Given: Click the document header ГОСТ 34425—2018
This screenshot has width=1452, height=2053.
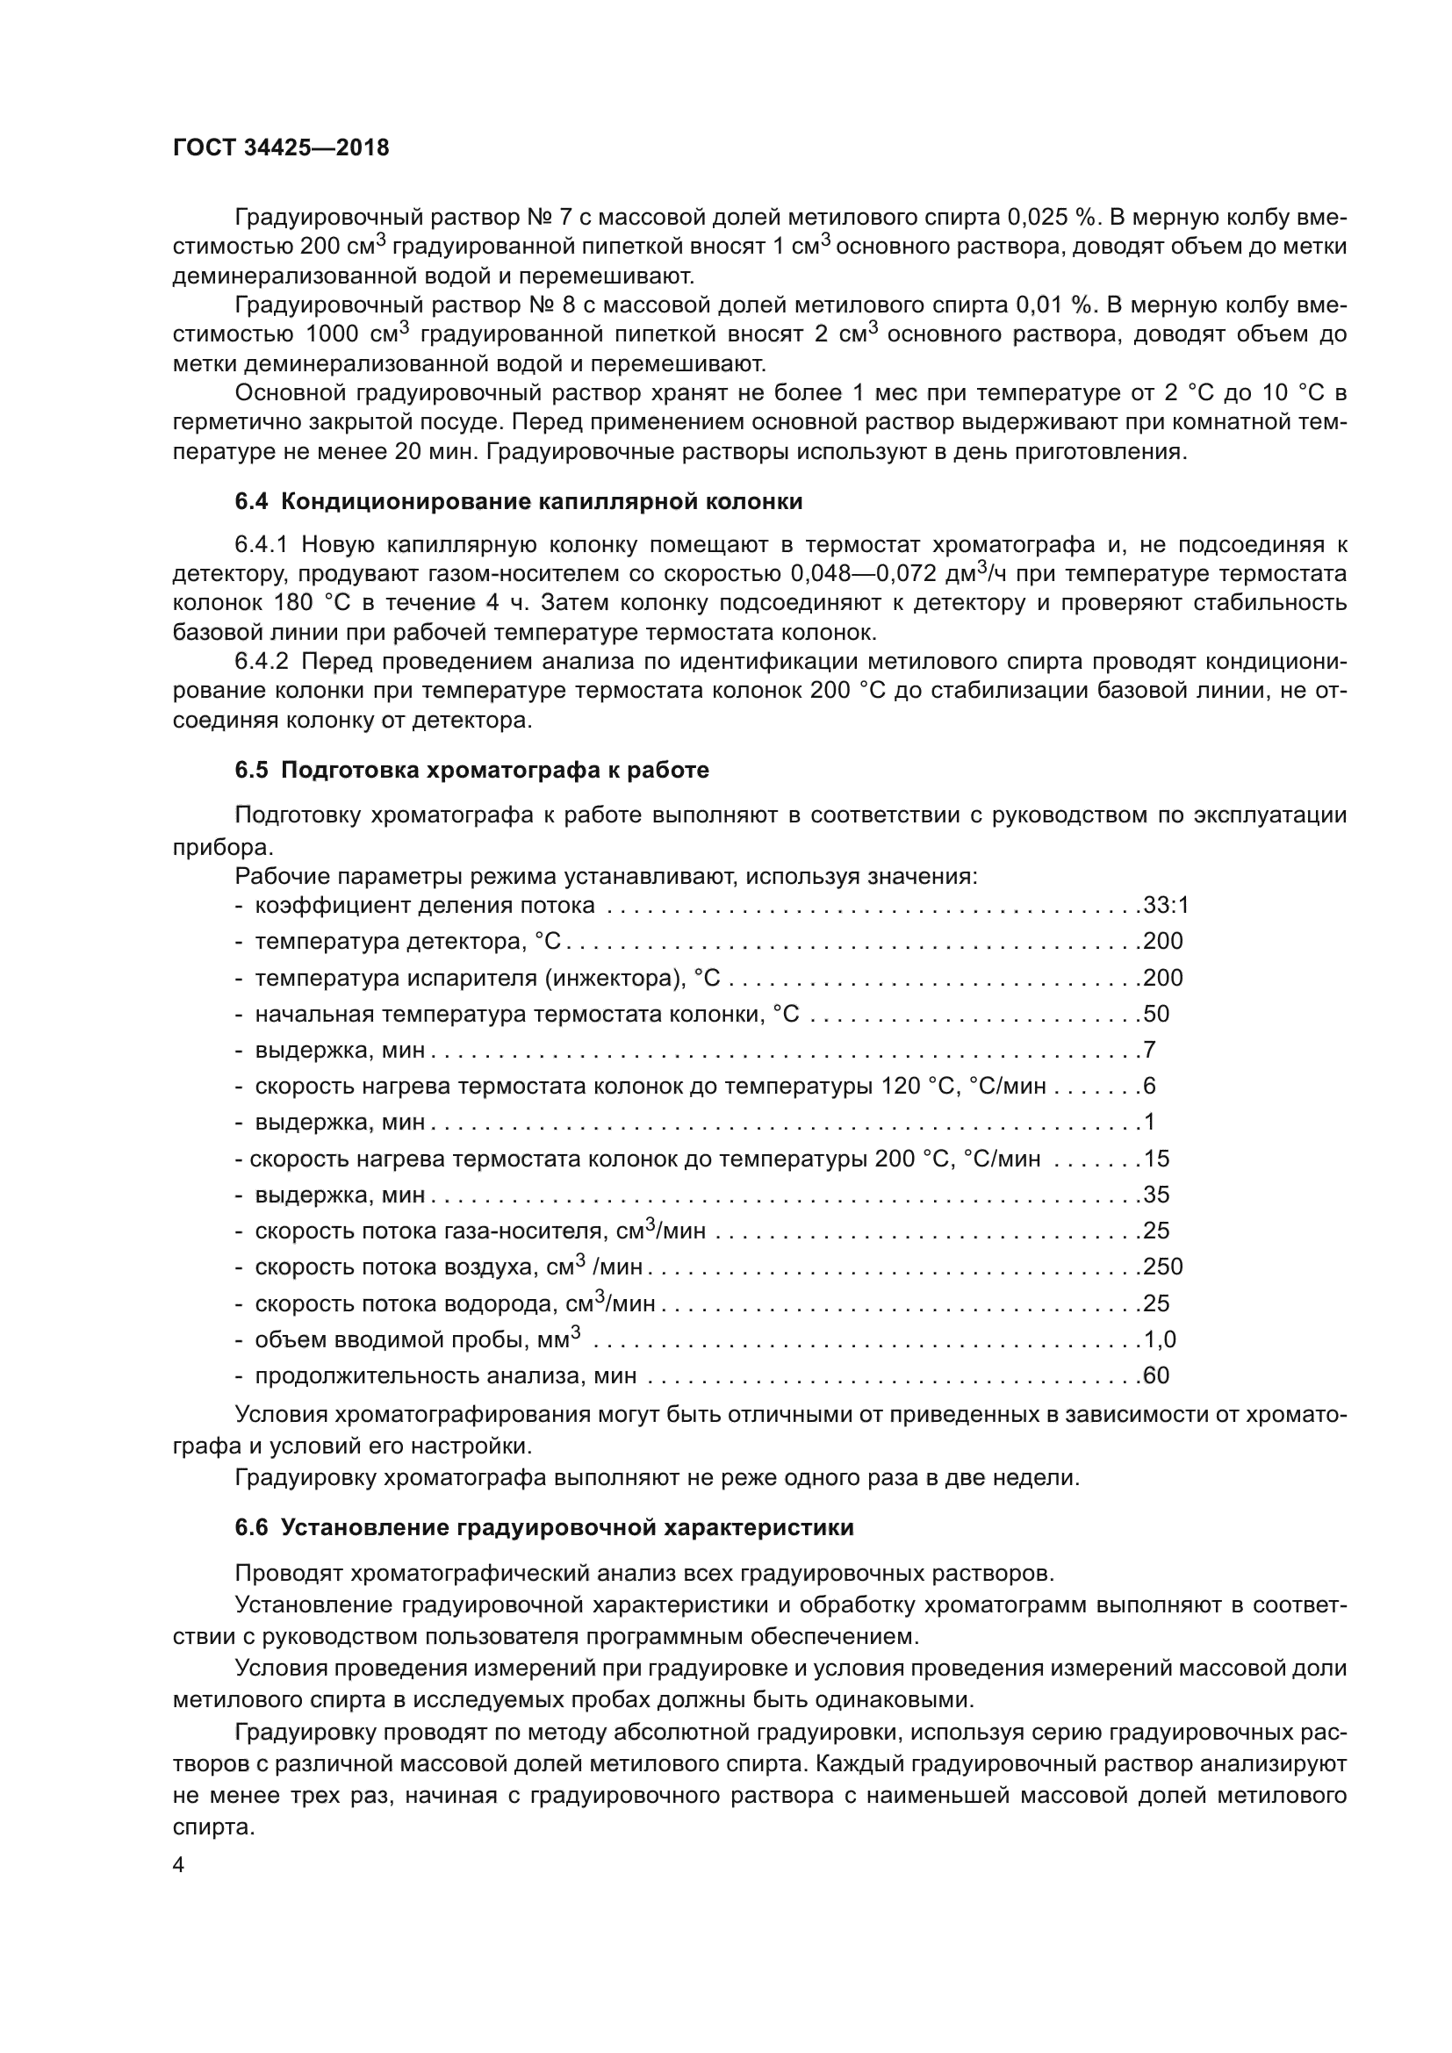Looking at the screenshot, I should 281,148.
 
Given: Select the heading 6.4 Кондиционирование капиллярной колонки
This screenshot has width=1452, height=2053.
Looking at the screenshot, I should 519,503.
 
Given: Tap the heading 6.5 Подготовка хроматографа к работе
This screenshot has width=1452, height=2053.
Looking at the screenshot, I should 472,771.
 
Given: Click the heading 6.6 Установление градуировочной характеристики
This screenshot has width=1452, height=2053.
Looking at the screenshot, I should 544,1528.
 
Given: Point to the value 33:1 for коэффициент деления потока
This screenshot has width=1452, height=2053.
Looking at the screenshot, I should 1166,906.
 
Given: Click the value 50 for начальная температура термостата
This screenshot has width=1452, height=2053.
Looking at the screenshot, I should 1156,1014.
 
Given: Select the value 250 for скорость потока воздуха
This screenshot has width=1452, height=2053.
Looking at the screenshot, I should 1162,1267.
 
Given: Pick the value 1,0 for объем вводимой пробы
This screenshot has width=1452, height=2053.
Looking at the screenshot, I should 1160,1339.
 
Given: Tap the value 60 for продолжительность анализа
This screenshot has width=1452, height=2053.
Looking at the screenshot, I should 1156,1376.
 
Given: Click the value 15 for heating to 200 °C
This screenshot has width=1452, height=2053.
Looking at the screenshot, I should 1156,1159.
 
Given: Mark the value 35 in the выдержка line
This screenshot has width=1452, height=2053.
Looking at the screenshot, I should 1156,1195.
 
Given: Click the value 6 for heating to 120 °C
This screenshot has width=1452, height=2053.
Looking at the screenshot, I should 1150,1087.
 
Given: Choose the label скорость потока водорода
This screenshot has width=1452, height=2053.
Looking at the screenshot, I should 410,1304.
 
